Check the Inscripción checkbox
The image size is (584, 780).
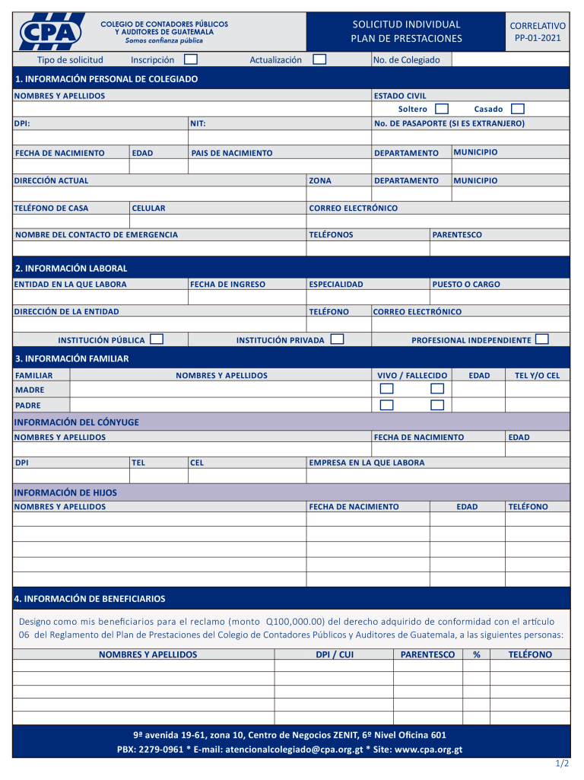(x=191, y=59)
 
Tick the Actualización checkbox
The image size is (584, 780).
(x=319, y=59)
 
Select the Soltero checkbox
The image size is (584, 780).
(x=441, y=109)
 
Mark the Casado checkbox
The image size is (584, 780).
(x=517, y=109)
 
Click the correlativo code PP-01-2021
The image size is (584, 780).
(x=538, y=37)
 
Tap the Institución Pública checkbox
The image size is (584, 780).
(x=157, y=339)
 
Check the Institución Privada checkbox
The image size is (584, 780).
(x=337, y=339)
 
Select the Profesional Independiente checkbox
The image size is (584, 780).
(x=541, y=339)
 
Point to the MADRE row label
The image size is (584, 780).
(x=30, y=390)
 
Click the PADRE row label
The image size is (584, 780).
(x=28, y=406)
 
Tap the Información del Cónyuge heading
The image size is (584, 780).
(x=77, y=422)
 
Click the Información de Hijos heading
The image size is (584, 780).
(x=66, y=493)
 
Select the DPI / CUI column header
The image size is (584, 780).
(x=335, y=654)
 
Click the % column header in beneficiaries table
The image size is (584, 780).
(x=476, y=654)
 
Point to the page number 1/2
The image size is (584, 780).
(x=562, y=763)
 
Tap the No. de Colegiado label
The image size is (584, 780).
(x=406, y=60)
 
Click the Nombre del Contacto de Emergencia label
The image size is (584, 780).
(x=97, y=235)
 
